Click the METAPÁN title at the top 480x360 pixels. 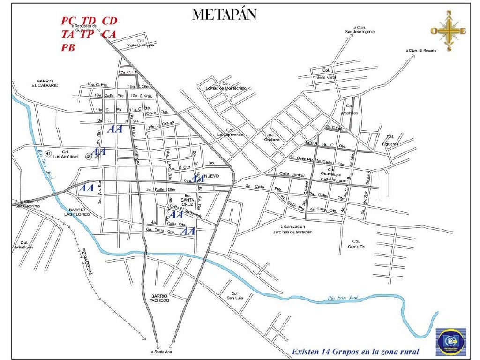click(x=225, y=15)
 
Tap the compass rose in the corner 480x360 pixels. click(x=450, y=31)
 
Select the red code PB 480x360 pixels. click(x=68, y=48)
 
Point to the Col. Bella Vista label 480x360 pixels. click(x=327, y=74)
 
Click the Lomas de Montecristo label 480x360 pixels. click(x=226, y=88)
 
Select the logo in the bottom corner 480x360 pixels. click(x=451, y=341)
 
